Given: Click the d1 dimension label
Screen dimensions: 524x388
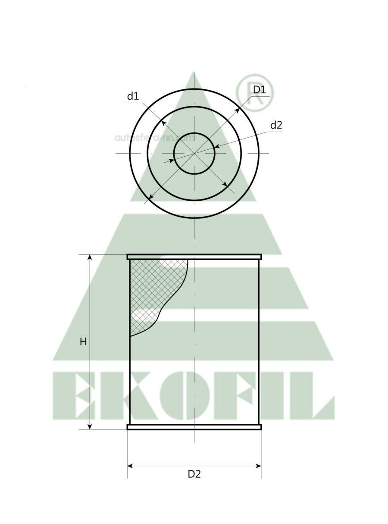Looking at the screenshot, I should [x=133, y=96].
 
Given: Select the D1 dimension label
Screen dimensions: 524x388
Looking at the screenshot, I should [x=260, y=90].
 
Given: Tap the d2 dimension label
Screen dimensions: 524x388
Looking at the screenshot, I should [x=276, y=125].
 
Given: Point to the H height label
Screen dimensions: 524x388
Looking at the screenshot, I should [x=83, y=342].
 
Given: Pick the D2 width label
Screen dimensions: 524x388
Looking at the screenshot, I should [x=194, y=474].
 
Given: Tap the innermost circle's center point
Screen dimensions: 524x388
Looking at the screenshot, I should [x=194, y=153].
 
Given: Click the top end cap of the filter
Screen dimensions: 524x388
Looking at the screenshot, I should [x=194, y=257].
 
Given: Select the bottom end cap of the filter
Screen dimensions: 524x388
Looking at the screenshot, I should [x=194, y=427].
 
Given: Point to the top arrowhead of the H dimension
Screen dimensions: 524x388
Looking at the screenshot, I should [x=90, y=258].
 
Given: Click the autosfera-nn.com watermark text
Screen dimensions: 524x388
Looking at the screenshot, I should [x=154, y=138].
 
